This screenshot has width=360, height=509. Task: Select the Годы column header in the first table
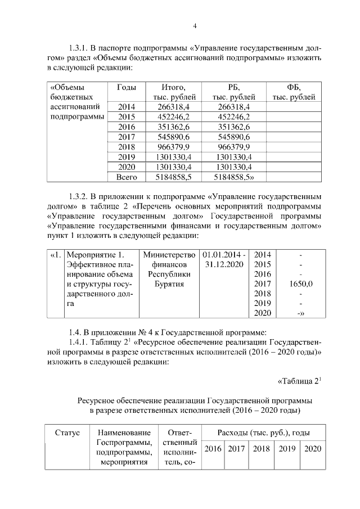pos(125,87)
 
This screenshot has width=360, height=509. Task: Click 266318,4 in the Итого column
pos(165,106)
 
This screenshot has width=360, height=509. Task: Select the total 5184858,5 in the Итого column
pos(165,177)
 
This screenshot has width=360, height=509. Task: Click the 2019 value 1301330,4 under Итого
pos(165,157)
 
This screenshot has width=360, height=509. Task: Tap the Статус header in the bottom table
pos(67,433)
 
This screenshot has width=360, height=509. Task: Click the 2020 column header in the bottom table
pos(311,449)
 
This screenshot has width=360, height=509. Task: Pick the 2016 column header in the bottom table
pos(212,449)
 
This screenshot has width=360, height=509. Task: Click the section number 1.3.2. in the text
pos(80,197)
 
